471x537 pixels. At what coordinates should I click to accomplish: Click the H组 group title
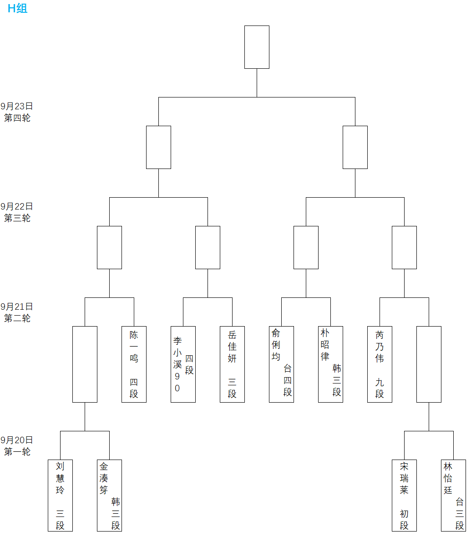click(18, 8)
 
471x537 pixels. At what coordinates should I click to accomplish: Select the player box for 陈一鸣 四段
click(134, 364)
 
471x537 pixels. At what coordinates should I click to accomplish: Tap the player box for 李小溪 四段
click(183, 364)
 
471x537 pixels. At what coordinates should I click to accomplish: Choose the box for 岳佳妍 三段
click(232, 364)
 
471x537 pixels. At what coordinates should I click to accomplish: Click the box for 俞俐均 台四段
click(281, 364)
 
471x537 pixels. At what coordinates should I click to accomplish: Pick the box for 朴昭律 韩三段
click(330, 364)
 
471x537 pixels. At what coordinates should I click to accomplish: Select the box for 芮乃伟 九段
click(380, 364)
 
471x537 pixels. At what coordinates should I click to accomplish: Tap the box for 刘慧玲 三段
click(60, 495)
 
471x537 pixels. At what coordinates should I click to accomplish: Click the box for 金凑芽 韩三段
click(109, 495)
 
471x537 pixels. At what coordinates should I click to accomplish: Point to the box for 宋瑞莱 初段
click(404, 495)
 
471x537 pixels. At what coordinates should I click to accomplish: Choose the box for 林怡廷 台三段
click(453, 495)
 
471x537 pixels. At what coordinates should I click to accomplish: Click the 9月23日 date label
click(17, 106)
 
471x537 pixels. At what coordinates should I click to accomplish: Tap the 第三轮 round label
click(17, 218)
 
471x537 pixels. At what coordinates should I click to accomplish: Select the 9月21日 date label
click(17, 307)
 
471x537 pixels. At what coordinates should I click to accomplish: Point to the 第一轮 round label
click(17, 452)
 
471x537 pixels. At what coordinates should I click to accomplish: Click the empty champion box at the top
click(257, 47)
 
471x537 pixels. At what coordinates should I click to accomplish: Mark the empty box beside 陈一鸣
click(85, 364)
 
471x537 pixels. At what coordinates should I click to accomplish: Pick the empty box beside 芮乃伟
click(429, 364)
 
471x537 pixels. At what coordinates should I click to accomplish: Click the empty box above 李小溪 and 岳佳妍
click(208, 247)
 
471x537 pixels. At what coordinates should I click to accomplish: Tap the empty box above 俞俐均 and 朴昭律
click(306, 247)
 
